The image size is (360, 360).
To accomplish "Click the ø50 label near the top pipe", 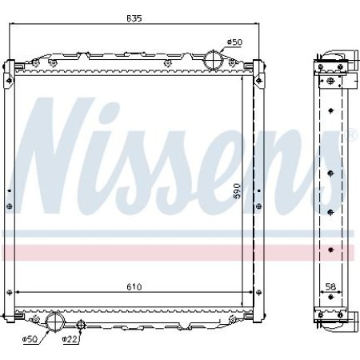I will [234, 41].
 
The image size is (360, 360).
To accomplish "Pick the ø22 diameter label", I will [70, 340].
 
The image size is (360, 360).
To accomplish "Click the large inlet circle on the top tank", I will [214, 60].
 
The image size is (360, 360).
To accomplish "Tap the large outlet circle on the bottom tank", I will [55, 322].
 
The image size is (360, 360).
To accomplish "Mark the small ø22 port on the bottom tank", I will [82, 324].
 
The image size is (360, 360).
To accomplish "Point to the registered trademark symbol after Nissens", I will [353, 135].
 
